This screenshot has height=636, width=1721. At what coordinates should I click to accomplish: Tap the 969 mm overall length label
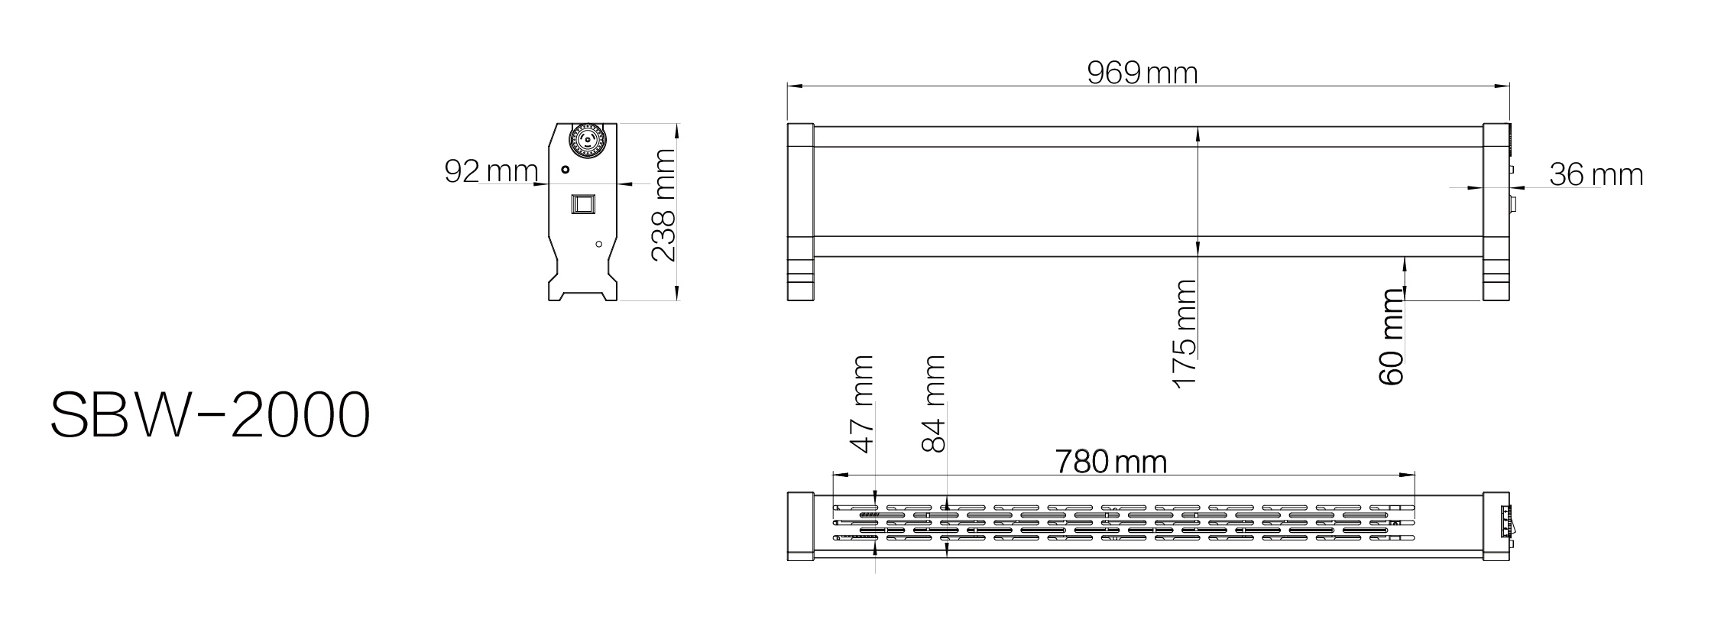[x=1142, y=73]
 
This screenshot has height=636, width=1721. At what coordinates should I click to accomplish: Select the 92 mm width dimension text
[x=491, y=171]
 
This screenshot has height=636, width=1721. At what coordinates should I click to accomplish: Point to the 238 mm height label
[x=663, y=205]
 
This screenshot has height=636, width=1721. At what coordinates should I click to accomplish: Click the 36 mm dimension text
[x=1596, y=174]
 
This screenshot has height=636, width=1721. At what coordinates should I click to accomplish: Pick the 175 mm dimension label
[x=1184, y=334]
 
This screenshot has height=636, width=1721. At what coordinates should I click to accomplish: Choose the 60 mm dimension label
[x=1392, y=337]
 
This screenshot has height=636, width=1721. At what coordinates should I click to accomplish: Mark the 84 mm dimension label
[x=934, y=404]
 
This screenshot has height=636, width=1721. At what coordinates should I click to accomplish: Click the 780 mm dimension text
[x=1111, y=462]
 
